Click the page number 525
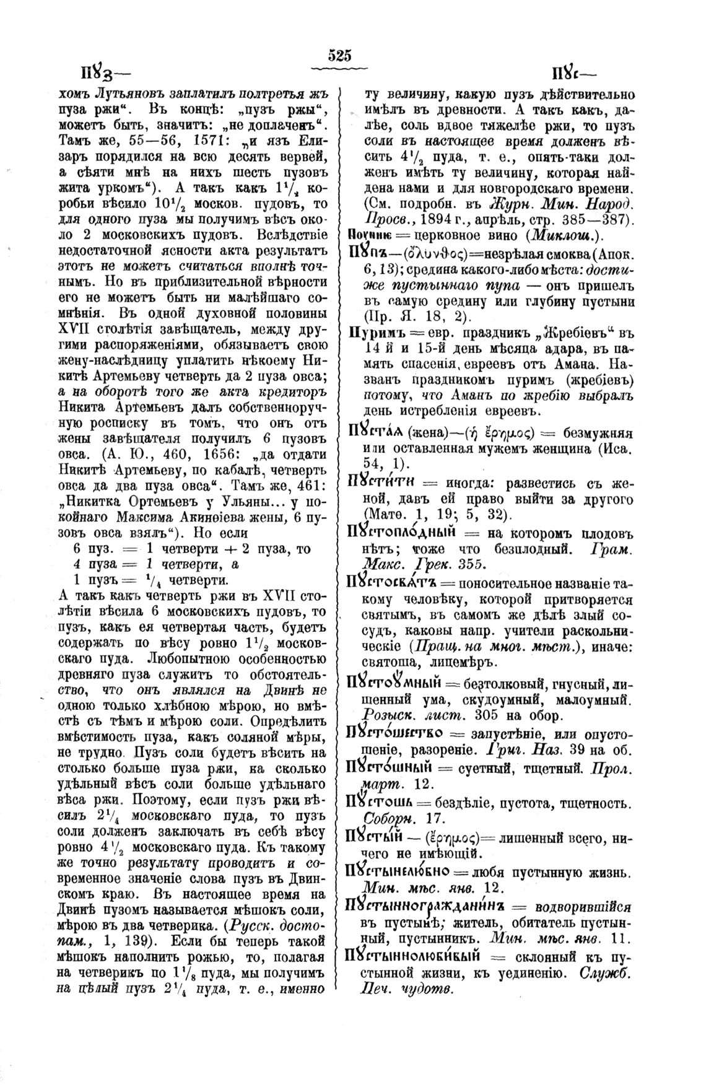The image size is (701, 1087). click(x=340, y=56)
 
